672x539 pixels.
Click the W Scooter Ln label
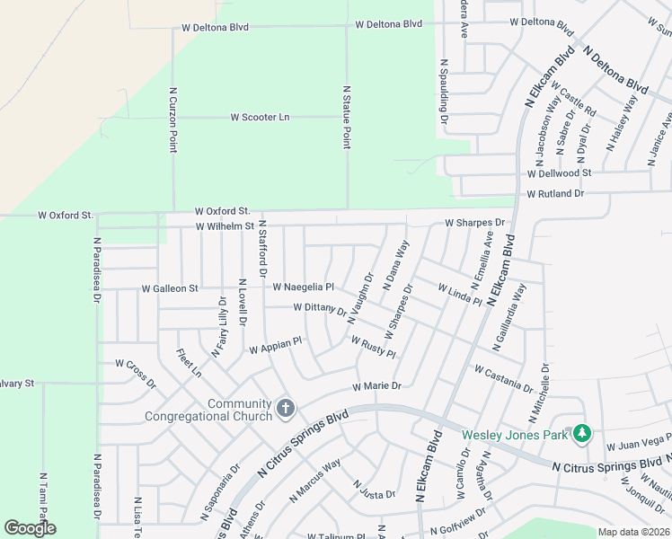(261, 117)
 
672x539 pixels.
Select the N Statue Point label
(347, 117)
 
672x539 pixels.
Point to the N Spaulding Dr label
(444, 93)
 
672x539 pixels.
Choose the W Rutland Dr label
(555, 193)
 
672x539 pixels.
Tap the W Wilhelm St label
(225, 226)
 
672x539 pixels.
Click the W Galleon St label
(170, 288)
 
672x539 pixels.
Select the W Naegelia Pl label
(304, 287)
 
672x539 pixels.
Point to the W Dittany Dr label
(320, 309)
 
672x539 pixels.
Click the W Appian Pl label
(276, 345)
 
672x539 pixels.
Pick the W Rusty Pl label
(373, 347)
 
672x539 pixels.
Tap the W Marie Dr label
(376, 386)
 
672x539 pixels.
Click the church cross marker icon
(286, 410)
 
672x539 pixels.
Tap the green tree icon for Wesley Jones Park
(581, 434)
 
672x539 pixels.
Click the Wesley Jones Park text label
(516, 436)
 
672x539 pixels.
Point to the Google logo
(30, 528)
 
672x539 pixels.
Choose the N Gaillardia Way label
(508, 316)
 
